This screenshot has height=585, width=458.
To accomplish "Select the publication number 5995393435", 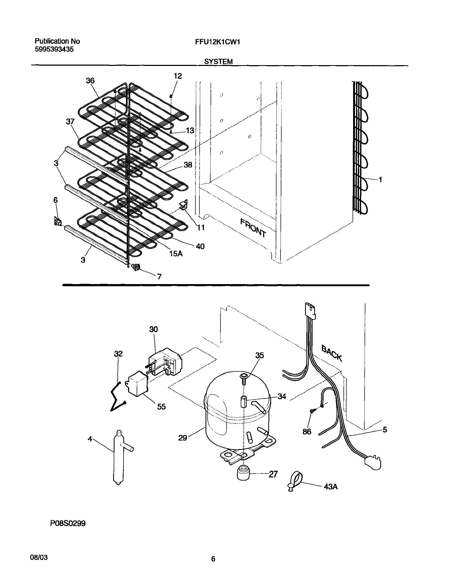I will pyautogui.click(x=54, y=49).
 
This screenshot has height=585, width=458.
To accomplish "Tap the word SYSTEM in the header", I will pyautogui.click(x=218, y=62).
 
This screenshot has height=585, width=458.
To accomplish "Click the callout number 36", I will pyautogui.click(x=90, y=80).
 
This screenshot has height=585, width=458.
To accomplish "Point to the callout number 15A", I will pyautogui.click(x=176, y=253).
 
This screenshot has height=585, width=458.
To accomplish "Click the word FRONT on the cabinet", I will pyautogui.click(x=253, y=228).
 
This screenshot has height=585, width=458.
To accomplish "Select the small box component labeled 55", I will pyautogui.click(x=138, y=383).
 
